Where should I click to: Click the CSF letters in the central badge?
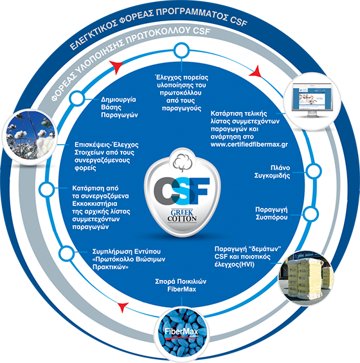coord(182,191)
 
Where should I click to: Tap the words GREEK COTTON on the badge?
coord(182,216)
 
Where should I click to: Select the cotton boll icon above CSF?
coord(183,163)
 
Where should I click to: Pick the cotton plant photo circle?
coord(30,136)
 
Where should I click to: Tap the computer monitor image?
coord(312,100)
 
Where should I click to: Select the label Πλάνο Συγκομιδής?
coord(272,172)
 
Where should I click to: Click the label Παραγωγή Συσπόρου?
coord(271,213)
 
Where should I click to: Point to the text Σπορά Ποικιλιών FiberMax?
coord(181,285)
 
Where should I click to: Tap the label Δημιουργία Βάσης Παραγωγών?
coord(120,107)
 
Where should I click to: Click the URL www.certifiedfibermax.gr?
coord(249,144)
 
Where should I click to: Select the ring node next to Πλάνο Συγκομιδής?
coord(314,171)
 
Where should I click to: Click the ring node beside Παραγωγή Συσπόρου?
coord(310,214)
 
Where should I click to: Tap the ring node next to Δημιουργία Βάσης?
coord(76,98)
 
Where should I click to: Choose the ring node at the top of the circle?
coord(181,50)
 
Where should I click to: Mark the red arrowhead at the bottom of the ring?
coord(123,307)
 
